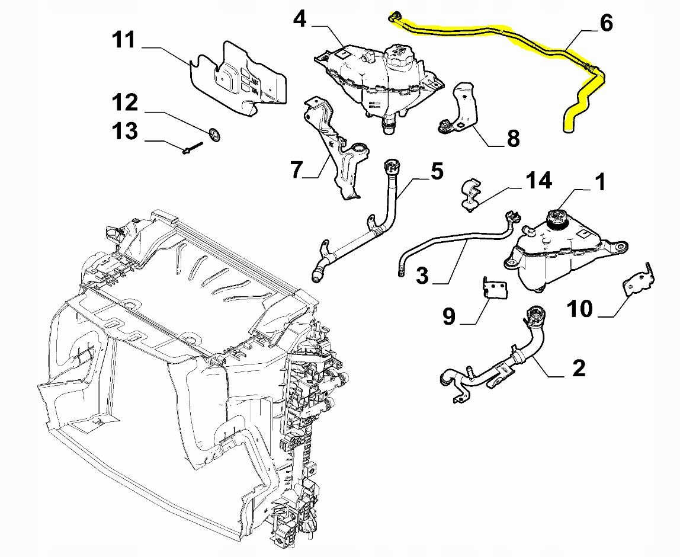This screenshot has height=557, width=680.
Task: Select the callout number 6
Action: click(606, 23)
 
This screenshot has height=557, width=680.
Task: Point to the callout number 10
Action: click(580, 308)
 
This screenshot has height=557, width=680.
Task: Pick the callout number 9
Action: click(449, 316)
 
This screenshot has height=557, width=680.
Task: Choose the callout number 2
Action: click(579, 368)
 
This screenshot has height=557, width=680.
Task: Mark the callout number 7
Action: click(297, 169)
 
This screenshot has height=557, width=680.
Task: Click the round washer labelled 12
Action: click(215, 135)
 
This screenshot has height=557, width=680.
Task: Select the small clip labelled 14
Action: click(470, 193)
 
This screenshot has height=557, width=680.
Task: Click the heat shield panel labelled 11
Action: click(240, 80)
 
